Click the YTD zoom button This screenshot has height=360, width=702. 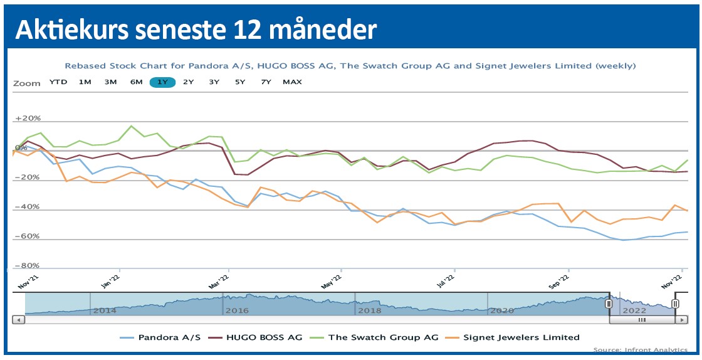click(59, 82)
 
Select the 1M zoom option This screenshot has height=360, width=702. click(85, 82)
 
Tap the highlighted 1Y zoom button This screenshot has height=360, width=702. click(163, 82)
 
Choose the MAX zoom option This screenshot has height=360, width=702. click(292, 82)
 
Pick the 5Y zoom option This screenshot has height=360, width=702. click(240, 82)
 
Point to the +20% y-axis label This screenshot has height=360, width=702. click(28, 119)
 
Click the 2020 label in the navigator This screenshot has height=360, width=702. click(501, 310)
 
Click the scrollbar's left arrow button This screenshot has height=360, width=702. click(18, 320)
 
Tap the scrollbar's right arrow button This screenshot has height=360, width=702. click(681, 320)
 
